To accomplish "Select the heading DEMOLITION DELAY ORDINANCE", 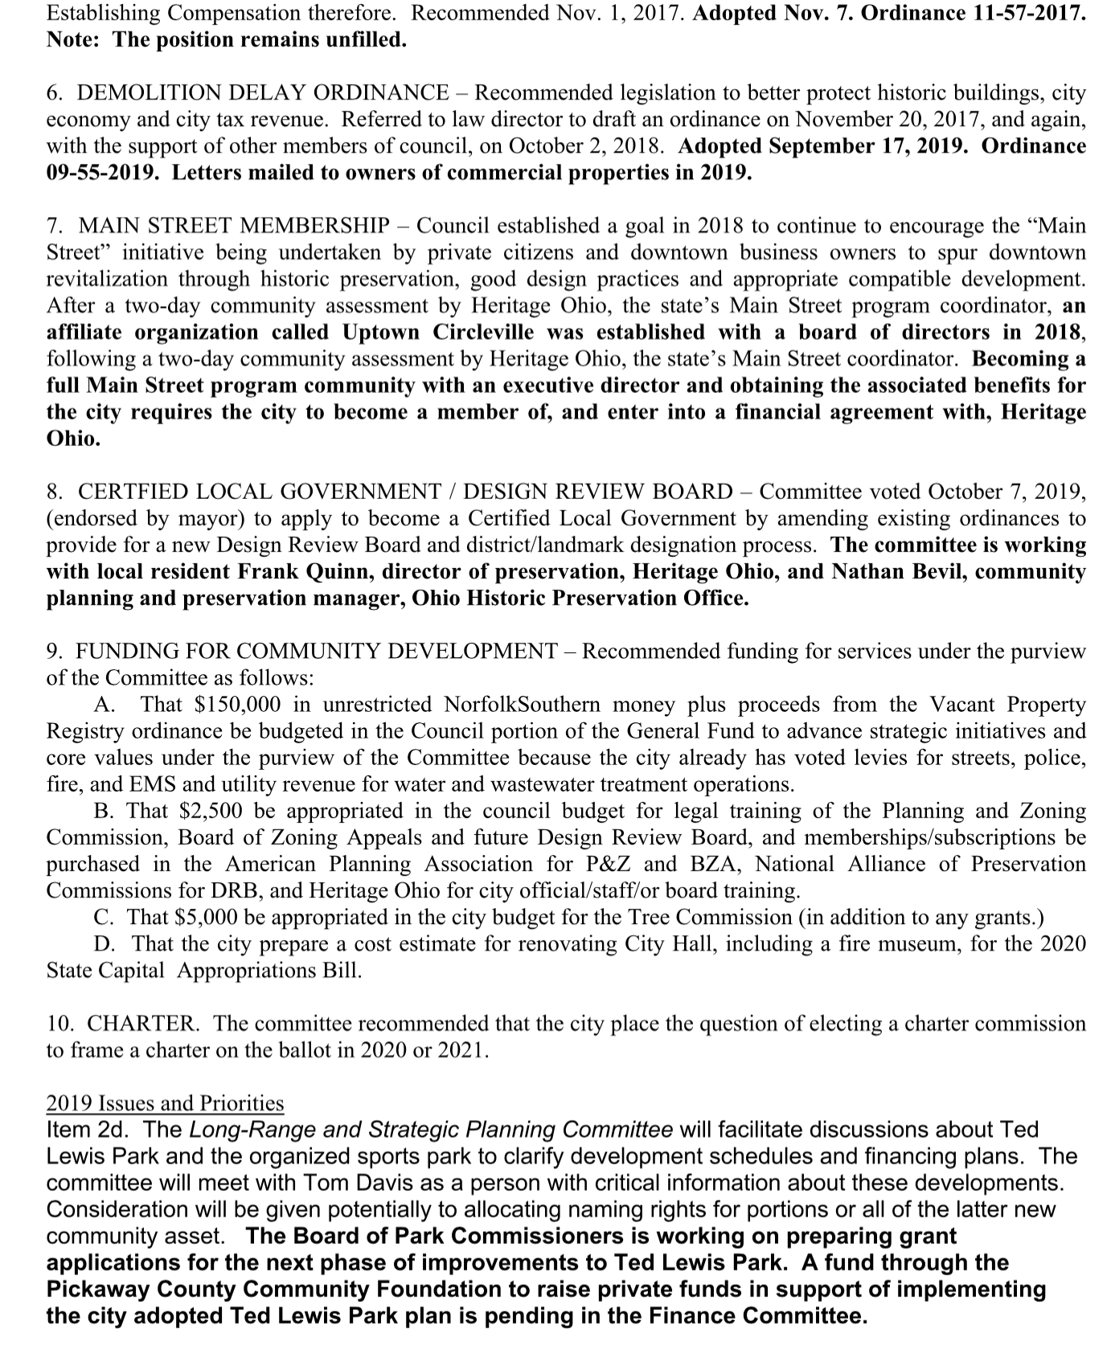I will tap(262, 93).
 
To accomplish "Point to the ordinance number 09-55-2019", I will tap(101, 173).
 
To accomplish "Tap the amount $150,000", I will tap(238, 705).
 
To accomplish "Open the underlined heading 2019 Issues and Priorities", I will tap(165, 1103).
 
